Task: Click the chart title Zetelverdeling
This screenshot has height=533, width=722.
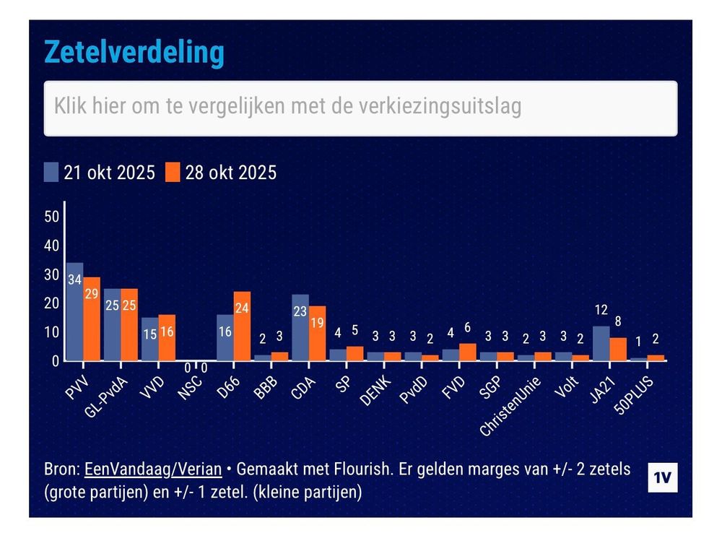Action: point(134,53)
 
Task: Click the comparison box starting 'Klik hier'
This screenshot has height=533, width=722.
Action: point(360,108)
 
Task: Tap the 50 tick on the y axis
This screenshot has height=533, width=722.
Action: point(51,217)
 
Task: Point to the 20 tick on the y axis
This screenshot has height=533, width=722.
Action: point(51,303)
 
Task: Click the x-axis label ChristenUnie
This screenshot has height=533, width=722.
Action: point(509,400)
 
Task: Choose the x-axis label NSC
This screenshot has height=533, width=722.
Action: point(190,383)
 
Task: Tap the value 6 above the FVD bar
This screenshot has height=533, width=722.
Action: point(467,328)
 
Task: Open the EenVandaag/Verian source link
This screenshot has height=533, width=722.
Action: point(153,469)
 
